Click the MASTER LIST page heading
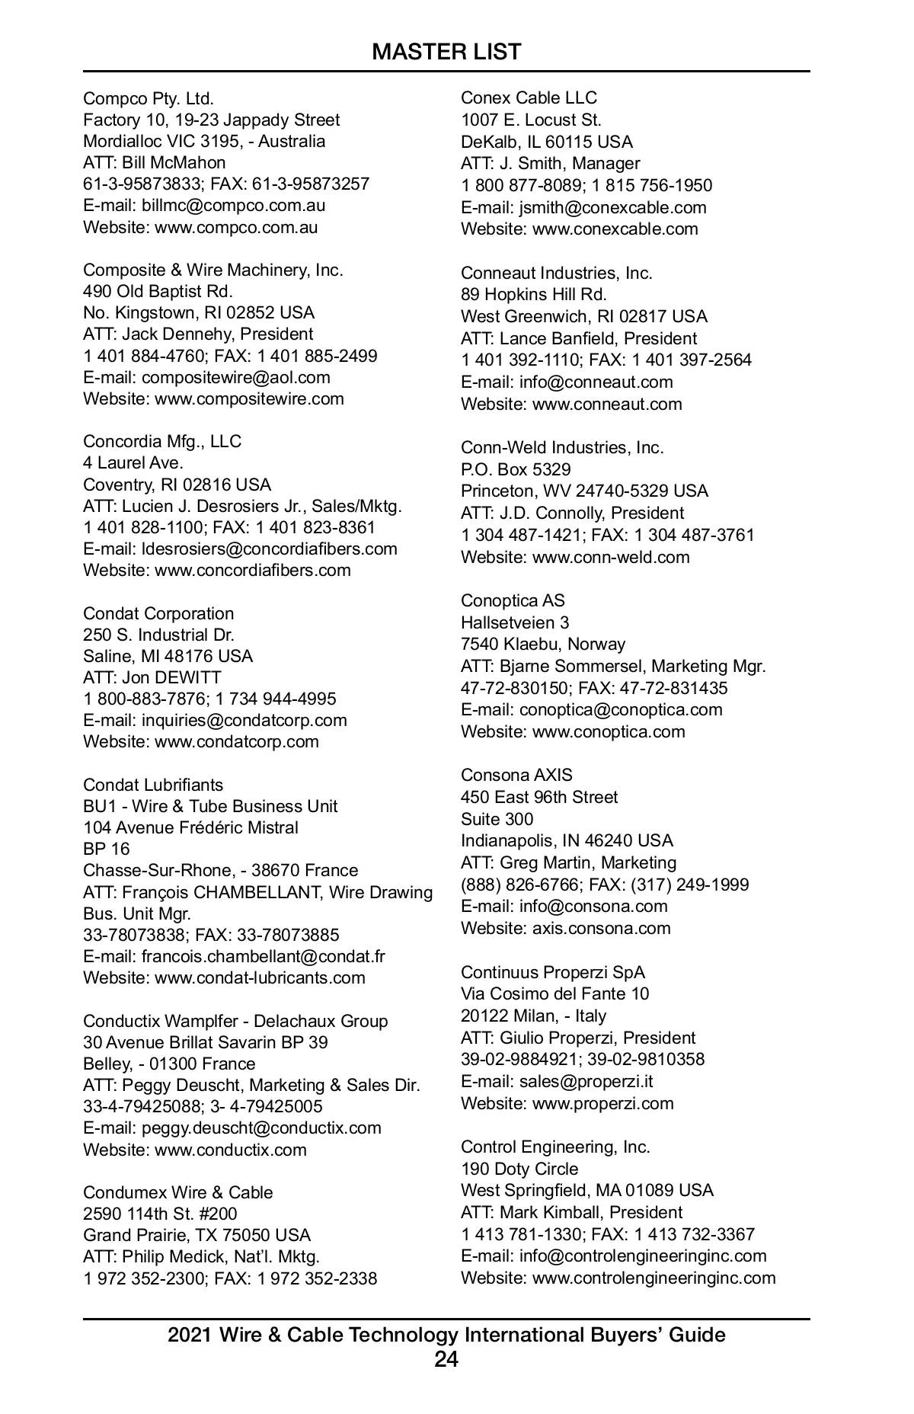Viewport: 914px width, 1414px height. (x=446, y=52)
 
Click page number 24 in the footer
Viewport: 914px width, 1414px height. (x=446, y=1358)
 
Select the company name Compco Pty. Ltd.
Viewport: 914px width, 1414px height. (x=149, y=98)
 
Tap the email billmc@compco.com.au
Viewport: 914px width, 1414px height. (x=233, y=205)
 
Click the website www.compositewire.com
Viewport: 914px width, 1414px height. (x=249, y=398)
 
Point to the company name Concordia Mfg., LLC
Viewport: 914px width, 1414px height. (x=161, y=441)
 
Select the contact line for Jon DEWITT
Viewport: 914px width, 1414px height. (x=152, y=677)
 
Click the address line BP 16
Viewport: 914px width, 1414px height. (x=107, y=849)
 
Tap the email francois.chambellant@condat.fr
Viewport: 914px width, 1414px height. (x=263, y=956)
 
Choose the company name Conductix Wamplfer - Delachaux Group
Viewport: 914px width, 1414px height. (x=235, y=1021)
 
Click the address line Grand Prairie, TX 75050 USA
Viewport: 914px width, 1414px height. (x=197, y=1235)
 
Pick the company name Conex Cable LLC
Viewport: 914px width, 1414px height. (x=529, y=98)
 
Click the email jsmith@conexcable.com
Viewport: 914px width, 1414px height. (x=612, y=207)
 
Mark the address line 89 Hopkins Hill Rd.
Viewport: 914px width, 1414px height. (x=534, y=294)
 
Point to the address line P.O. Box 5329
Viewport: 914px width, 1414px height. (x=516, y=469)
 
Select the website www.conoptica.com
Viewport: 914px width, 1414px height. (x=609, y=731)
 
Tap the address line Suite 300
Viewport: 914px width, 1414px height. (x=497, y=819)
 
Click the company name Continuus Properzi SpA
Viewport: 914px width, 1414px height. (x=553, y=972)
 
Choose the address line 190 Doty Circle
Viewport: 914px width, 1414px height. (x=519, y=1169)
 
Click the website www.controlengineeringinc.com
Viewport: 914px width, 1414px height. (x=654, y=1278)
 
